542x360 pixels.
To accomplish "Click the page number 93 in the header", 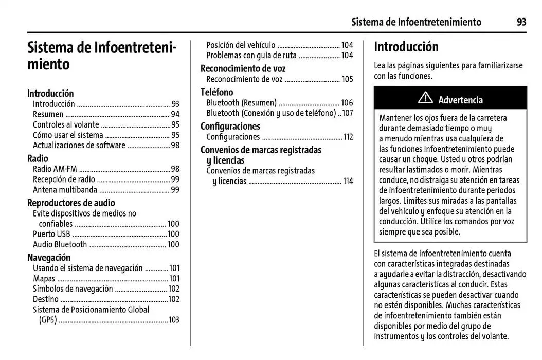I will tap(521, 22).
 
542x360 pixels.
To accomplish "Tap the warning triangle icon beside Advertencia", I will tap(425, 99).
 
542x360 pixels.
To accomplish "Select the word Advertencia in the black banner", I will tap(460, 100).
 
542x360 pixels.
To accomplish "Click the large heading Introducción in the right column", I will tap(406, 47).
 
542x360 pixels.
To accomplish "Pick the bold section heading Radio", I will tap(38, 158).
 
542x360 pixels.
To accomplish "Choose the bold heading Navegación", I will tap(49, 257).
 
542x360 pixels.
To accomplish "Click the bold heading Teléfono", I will tap(216, 92).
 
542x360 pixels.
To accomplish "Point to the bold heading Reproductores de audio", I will tap(71, 203).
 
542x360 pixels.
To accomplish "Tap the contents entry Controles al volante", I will tap(66, 124).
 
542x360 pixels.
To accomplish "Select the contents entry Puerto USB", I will tap(51, 234).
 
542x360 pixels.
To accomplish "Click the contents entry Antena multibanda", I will tap(65, 190).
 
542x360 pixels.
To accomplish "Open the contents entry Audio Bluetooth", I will tap(60, 244).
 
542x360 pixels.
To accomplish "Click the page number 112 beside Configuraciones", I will tap(348, 137).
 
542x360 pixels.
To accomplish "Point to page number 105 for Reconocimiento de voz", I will tap(348, 79).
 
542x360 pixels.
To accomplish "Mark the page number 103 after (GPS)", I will tap(174, 320).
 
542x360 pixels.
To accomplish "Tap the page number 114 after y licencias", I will tap(348, 181).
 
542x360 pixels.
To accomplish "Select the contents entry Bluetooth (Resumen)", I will tap(241, 103).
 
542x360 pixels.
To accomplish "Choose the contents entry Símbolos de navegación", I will tap(73, 289).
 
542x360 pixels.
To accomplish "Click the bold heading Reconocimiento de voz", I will tap(243, 68).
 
